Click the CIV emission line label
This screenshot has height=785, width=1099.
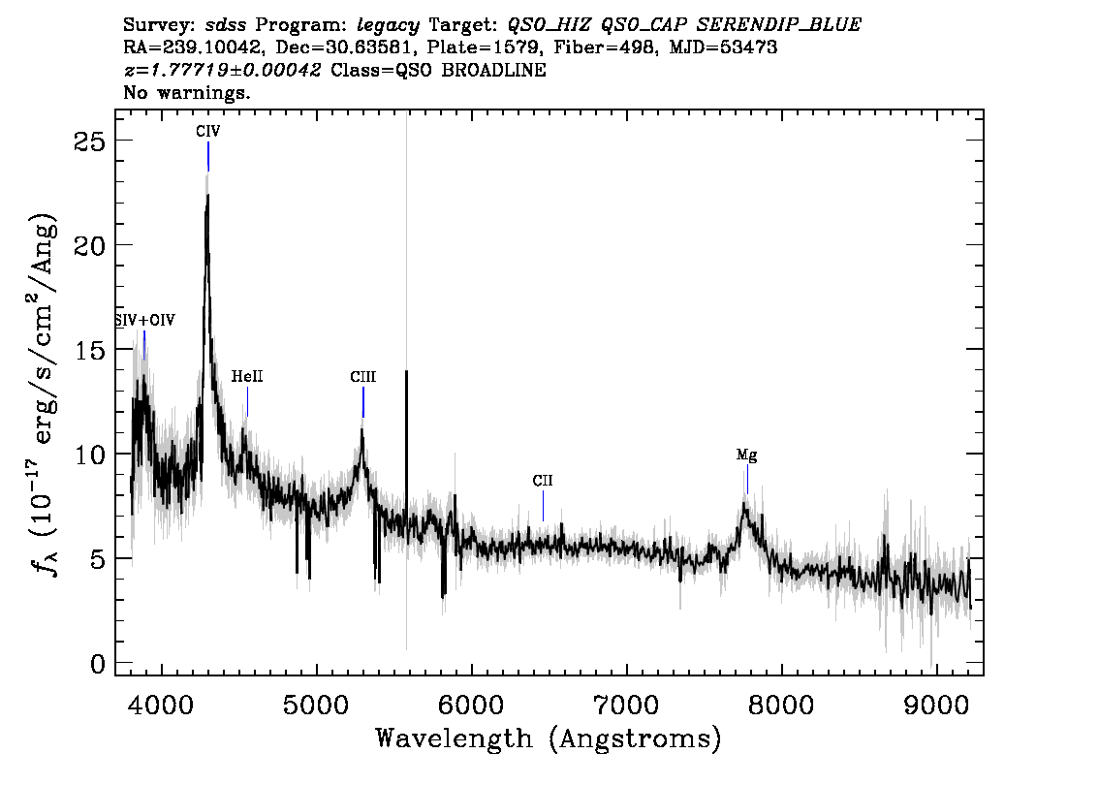coord(208,131)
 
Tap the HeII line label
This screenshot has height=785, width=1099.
coord(247,376)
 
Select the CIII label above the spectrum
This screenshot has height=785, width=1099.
coord(363,377)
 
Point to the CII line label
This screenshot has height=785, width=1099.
coord(543,481)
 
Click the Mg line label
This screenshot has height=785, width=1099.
coord(746,455)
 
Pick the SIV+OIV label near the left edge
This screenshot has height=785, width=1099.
coord(145,321)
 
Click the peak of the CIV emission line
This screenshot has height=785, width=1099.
coord(207,195)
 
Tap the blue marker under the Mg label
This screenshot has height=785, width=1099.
coord(747,480)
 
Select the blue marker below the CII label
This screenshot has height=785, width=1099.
coord(543,506)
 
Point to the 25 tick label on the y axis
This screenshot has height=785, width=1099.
coord(89,141)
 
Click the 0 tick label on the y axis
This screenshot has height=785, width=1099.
coord(98,663)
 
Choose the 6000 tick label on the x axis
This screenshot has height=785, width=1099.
coord(472,705)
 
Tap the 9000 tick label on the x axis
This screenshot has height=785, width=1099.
coord(936,705)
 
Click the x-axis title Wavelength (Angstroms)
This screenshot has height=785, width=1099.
coord(549,738)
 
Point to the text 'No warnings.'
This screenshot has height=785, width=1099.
coord(186,92)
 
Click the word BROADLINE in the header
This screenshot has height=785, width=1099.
coord(493,70)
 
